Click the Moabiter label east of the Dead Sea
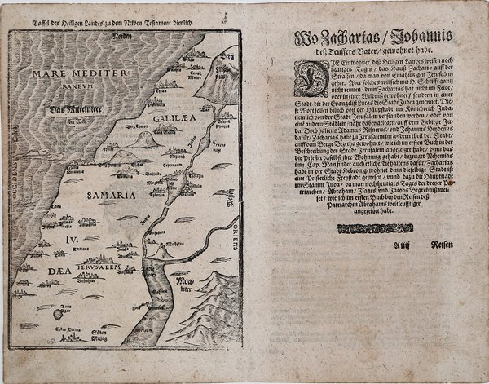(176, 286)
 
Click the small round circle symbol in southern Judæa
(57, 314)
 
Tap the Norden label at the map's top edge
(121, 38)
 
